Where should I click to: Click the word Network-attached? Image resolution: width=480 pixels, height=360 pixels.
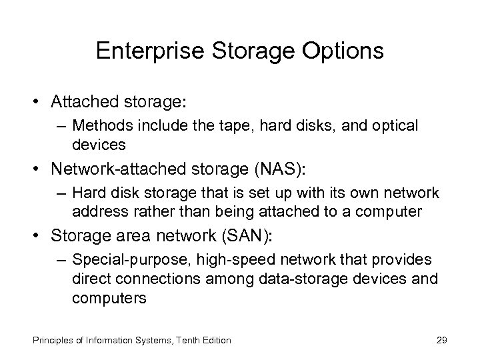tap(116, 169)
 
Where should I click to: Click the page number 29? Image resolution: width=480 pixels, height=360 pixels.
tap(441, 340)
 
